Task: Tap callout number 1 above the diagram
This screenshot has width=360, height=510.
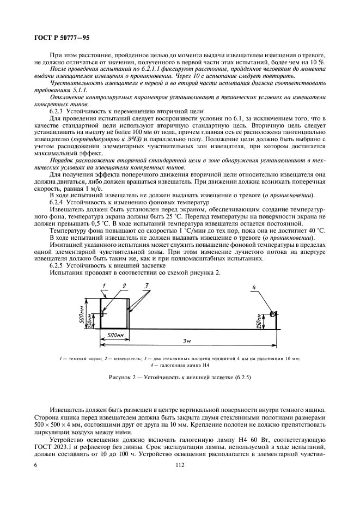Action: [x=102, y=286]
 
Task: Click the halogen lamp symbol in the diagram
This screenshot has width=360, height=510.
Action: [x=274, y=314]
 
